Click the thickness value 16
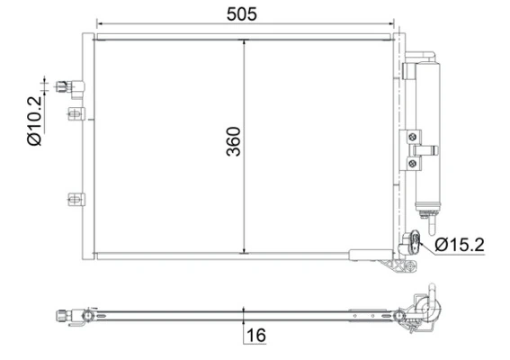[255, 336]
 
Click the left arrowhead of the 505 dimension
[99, 24]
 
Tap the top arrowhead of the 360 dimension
[244, 41]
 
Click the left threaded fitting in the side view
[64, 315]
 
